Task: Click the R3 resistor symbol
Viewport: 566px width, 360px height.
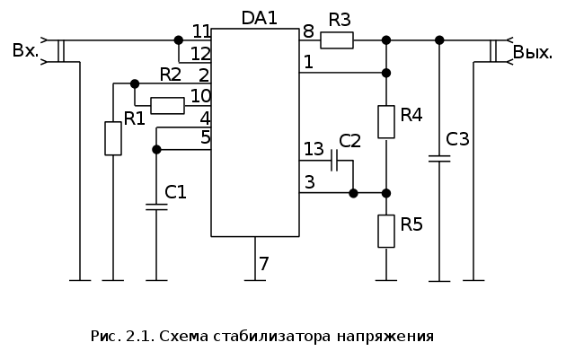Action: coord(337,40)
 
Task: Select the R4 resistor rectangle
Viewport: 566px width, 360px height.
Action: coord(386,122)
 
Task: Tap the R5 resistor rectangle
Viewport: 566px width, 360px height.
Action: coord(386,231)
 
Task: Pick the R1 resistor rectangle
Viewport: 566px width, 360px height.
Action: coord(112,138)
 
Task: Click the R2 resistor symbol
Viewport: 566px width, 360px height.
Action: coord(167,106)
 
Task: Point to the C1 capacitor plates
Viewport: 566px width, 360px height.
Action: coord(156,206)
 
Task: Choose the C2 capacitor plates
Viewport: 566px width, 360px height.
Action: coord(333,162)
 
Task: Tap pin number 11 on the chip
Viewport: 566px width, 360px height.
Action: coord(201,31)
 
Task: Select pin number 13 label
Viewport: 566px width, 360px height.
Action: coord(314,148)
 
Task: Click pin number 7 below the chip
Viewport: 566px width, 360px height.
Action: coord(263,264)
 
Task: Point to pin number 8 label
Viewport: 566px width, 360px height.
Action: coord(308,31)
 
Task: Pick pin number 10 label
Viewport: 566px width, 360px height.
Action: coord(200,95)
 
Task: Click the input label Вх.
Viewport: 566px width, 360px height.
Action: coord(25,50)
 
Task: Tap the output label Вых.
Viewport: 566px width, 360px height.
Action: coord(532,52)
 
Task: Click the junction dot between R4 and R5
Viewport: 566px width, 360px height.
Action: coord(386,193)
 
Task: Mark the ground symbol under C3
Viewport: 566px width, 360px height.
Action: coord(439,280)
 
